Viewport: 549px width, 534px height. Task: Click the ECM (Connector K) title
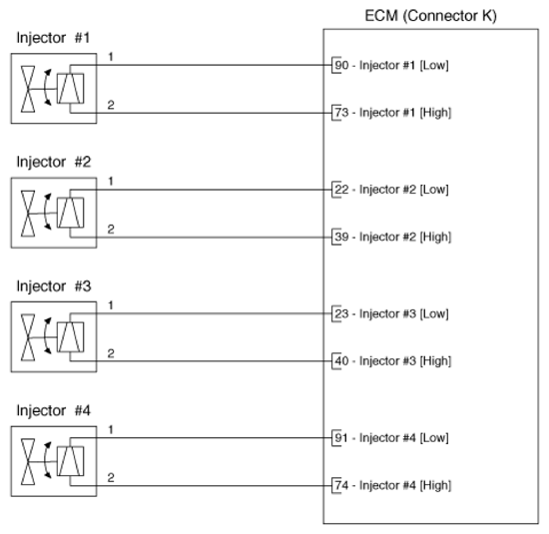[430, 16]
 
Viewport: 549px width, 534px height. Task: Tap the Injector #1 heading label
[53, 38]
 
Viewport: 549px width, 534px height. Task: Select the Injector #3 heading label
[54, 286]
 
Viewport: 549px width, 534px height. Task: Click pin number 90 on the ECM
[341, 65]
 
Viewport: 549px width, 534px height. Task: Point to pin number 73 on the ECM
[341, 113]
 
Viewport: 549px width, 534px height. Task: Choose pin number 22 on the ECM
[341, 190]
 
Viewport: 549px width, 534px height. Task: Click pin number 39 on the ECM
[341, 237]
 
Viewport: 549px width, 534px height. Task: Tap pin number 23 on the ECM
[341, 313]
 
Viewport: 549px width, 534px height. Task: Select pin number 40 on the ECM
[341, 361]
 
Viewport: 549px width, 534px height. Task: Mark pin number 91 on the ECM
[341, 438]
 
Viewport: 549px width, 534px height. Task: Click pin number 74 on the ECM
[341, 485]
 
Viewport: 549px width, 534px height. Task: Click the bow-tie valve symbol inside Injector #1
[28, 89]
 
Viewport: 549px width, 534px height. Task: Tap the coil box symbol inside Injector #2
[71, 213]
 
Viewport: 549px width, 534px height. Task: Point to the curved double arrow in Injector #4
[45, 460]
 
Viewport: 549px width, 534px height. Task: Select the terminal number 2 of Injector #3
[111, 353]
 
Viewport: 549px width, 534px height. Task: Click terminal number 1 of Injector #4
[111, 429]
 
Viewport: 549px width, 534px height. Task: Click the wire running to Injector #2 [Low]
[201, 190]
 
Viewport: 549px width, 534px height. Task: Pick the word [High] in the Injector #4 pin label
[435, 486]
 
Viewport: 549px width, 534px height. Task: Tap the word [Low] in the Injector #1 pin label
[434, 66]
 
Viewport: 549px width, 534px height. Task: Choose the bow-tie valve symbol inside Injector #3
[28, 337]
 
